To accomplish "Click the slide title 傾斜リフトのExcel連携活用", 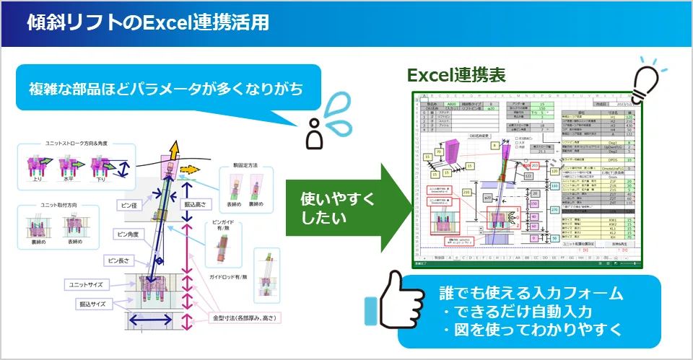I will coord(148,23).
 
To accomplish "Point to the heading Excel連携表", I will coord(456,75).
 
